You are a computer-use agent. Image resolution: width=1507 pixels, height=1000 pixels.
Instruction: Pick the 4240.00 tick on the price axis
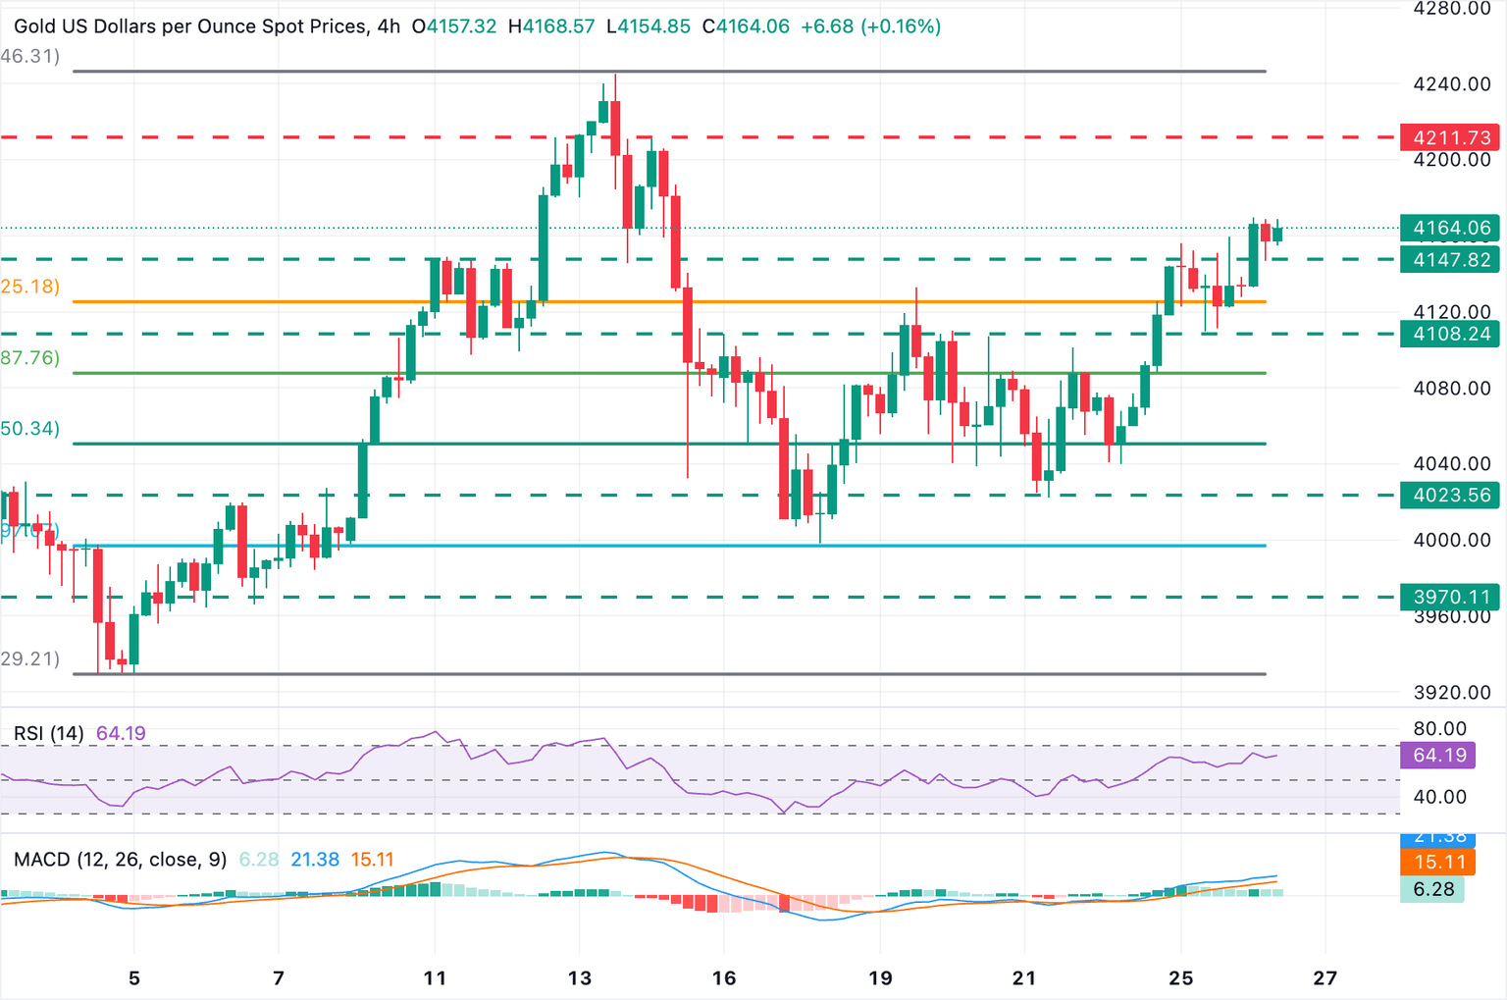1451,84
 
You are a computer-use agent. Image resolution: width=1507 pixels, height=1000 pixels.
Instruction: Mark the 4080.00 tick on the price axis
1451,389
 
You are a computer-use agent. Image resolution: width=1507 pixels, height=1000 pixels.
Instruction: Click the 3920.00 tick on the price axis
1451,693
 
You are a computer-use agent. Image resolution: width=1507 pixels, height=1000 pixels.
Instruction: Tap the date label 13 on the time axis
579,978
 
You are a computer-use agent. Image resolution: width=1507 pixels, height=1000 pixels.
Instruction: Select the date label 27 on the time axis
1325,978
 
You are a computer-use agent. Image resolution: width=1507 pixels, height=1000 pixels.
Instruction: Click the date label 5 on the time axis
134,978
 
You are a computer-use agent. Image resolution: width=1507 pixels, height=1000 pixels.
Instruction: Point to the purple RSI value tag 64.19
1439,756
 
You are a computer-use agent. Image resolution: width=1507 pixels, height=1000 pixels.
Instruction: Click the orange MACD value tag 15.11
1439,863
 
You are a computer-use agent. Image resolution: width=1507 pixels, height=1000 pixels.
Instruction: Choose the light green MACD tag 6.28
1432,889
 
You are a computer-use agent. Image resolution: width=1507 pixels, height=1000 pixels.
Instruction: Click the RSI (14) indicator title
48,734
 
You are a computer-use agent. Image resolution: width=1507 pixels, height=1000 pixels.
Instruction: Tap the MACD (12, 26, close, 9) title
120,860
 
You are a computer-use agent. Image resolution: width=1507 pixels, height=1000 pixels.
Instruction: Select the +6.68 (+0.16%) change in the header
870,26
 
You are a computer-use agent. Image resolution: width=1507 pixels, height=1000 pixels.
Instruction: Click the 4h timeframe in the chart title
389,26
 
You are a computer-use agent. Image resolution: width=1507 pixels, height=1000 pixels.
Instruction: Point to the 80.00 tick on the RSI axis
1439,729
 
